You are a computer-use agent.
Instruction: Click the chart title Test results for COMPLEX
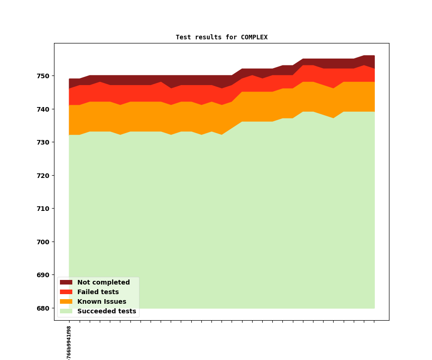[221, 38]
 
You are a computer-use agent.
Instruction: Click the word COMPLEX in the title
[254, 38]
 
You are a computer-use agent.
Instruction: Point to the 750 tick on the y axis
[44, 76]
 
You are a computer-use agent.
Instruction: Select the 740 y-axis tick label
[44, 109]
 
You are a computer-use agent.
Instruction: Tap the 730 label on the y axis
[44, 142]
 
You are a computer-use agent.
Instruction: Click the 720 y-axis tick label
[44, 176]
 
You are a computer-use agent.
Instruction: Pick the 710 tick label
[44, 209]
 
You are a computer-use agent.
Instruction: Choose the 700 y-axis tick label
[44, 242]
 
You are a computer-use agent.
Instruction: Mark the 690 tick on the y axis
[44, 275]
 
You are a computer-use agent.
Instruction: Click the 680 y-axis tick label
[44, 308]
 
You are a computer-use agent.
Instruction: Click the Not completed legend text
[103, 283]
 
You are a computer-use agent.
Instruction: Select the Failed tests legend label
[98, 292]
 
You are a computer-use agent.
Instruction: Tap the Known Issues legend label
[102, 302]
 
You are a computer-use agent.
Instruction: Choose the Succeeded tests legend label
[107, 312]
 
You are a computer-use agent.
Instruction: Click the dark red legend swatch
[66, 283]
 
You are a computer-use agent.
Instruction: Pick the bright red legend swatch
[66, 292]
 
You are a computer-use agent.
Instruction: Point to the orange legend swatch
[66, 302]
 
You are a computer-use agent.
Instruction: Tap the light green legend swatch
[66, 312]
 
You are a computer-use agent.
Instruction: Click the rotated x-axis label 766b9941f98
[69, 342]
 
